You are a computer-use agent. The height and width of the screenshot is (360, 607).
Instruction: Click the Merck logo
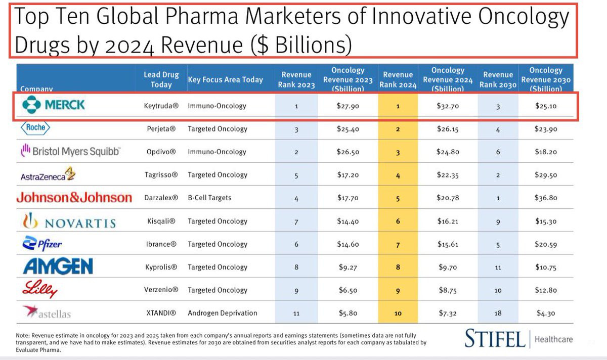[54, 105]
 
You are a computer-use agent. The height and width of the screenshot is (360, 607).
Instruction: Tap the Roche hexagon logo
[35, 128]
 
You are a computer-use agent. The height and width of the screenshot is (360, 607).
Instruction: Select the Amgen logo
[58, 266]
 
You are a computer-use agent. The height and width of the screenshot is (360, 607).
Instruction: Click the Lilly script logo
[40, 289]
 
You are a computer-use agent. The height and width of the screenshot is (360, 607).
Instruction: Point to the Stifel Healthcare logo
[518, 339]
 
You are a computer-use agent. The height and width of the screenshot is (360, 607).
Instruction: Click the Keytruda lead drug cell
[161, 106]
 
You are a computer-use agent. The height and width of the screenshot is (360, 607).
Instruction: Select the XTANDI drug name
[161, 313]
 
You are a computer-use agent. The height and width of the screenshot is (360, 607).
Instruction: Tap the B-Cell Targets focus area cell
[209, 198]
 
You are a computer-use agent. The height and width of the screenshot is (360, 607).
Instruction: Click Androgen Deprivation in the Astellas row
[223, 313]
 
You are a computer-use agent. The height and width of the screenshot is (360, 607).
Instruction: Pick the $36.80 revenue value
[546, 198]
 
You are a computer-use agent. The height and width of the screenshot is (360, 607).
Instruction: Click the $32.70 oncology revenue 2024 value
[448, 106]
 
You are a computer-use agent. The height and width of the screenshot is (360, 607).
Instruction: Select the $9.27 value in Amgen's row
[348, 267]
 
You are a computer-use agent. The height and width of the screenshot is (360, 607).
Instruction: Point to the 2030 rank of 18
[498, 313]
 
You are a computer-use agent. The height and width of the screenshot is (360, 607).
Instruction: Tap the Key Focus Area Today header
[226, 80]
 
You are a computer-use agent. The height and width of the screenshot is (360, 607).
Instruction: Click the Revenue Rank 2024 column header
[398, 80]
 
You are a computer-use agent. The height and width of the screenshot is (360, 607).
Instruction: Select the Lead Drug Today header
[161, 80]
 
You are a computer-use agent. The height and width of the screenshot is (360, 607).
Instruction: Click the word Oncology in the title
[523, 16]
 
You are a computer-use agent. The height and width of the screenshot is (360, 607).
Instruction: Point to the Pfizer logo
[42, 243]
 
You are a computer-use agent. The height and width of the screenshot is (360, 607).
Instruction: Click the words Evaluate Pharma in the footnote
[38, 350]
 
